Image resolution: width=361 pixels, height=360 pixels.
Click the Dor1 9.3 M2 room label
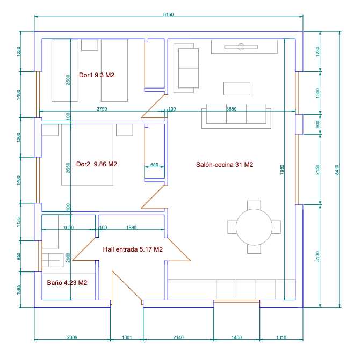pos(97,75)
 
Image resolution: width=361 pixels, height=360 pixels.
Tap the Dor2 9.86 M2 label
pos(97,164)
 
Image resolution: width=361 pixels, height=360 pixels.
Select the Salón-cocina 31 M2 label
pos(225,165)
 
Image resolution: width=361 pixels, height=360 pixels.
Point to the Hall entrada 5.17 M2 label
pos(133,249)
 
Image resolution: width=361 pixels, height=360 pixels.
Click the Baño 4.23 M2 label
pos(67,283)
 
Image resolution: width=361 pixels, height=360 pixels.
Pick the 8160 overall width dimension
pos(169,14)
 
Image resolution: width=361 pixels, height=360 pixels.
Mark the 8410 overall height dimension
pos(337,170)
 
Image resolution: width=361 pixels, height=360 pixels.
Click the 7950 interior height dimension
pos(282,170)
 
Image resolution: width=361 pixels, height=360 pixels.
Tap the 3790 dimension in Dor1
pos(102,109)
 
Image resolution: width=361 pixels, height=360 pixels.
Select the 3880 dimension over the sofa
pos(232,109)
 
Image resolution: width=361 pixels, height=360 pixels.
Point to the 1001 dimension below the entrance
pos(127,337)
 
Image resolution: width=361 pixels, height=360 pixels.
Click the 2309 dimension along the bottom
pos(72,337)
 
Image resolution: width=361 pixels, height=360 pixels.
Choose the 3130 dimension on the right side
pos(317,256)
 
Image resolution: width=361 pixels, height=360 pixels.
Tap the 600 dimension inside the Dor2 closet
pos(154,165)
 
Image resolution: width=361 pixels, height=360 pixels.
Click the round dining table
pos(254,227)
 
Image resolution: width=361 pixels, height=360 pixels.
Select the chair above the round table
pos(254,205)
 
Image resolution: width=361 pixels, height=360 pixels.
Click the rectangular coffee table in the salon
pos(237,89)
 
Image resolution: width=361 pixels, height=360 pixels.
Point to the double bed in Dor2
pos(87,155)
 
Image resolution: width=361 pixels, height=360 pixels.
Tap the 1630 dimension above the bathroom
pos(68,227)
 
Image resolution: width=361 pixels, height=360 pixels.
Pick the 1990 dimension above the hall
pos(131,227)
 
